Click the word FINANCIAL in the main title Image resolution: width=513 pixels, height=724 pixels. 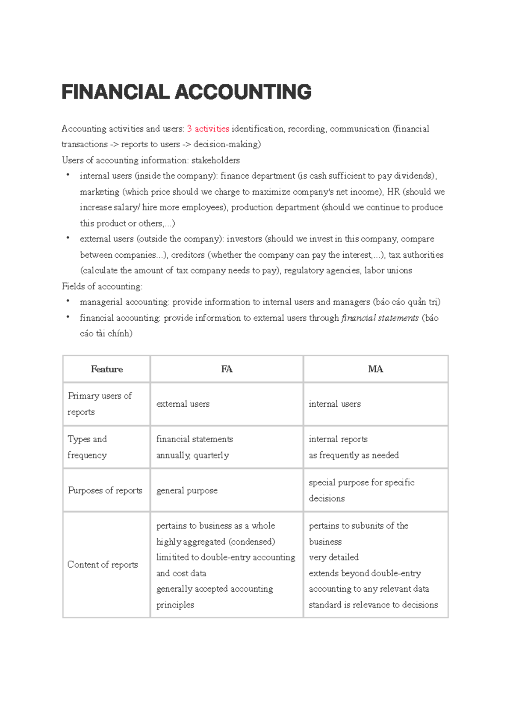(x=115, y=92)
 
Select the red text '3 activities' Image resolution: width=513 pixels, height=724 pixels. (x=208, y=129)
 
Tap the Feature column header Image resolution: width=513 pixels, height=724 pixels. (x=106, y=369)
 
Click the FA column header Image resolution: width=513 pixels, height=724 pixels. (x=227, y=369)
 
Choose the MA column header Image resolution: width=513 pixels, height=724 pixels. (x=375, y=369)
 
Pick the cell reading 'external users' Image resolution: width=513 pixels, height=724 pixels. (x=183, y=404)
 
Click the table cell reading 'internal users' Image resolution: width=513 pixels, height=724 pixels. (x=335, y=404)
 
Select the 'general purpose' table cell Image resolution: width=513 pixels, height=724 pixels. (x=187, y=491)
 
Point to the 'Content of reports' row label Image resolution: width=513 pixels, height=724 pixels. (x=103, y=565)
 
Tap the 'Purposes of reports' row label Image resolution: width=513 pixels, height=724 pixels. (x=105, y=491)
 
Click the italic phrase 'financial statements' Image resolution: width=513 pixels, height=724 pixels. (x=380, y=318)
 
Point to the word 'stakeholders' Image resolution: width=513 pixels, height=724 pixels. (x=215, y=161)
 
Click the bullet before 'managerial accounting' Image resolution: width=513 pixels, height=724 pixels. (x=68, y=301)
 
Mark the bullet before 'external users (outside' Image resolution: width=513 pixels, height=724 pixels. (x=68, y=238)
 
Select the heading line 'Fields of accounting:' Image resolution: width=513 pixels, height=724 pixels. (x=102, y=286)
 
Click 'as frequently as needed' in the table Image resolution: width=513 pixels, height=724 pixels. (x=354, y=455)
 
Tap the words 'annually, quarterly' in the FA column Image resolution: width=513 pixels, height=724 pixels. (x=192, y=455)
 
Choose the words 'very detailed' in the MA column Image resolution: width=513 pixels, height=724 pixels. (x=333, y=557)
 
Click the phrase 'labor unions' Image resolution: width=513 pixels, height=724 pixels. (x=388, y=271)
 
